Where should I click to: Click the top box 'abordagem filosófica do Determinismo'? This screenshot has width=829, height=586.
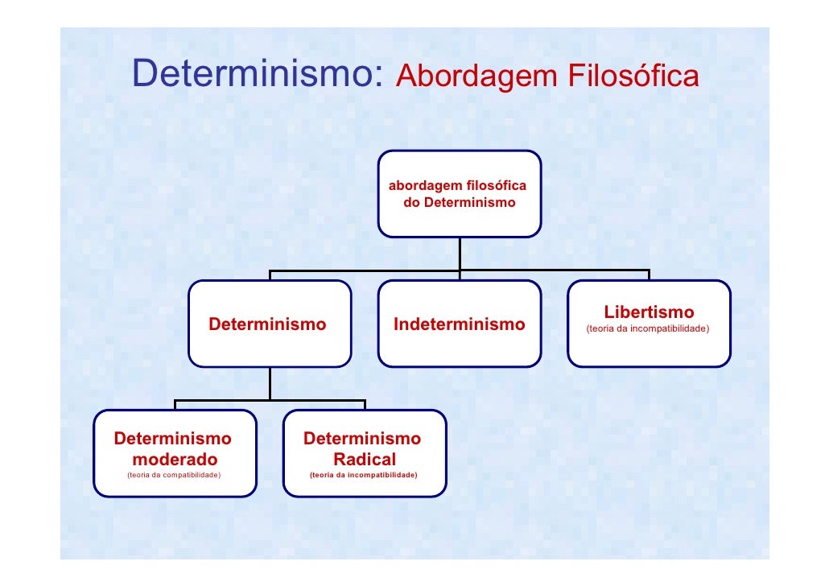pyautogui.click(x=459, y=194)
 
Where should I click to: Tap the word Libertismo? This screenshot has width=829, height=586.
pyautogui.click(x=649, y=312)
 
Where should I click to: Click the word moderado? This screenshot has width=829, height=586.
pyautogui.click(x=175, y=460)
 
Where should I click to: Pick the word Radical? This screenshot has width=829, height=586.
pyautogui.click(x=364, y=460)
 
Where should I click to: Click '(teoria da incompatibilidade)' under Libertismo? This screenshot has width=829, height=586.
pyautogui.click(x=648, y=328)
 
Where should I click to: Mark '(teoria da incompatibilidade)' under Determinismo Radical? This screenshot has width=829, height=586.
pyautogui.click(x=363, y=476)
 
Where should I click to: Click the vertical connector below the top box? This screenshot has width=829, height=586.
pyautogui.click(x=460, y=254)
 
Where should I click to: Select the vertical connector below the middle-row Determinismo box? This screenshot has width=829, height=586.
pyautogui.click(x=270, y=383)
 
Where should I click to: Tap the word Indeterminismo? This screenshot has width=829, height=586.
pyautogui.click(x=459, y=324)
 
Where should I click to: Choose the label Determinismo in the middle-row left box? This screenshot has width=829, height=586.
pyautogui.click(x=267, y=324)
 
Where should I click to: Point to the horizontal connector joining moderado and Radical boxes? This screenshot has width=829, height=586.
pyautogui.click(x=270, y=400)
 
